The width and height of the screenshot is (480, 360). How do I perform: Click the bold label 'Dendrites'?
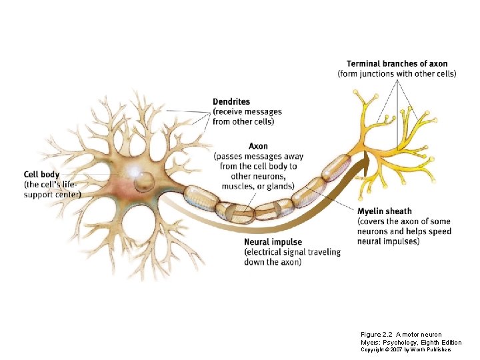coord(231,102)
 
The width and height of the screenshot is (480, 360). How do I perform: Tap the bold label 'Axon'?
coord(258,147)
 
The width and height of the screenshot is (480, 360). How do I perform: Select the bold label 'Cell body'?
coord(41,175)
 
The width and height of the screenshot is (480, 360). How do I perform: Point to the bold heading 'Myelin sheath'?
coord(385,211)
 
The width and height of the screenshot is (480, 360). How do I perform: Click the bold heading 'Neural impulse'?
coord(273,242)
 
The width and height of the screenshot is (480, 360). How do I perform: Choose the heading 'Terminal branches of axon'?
coord(397,64)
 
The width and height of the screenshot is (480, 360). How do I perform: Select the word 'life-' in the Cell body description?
coord(70,185)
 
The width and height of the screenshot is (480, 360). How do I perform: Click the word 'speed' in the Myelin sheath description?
coord(439,231)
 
